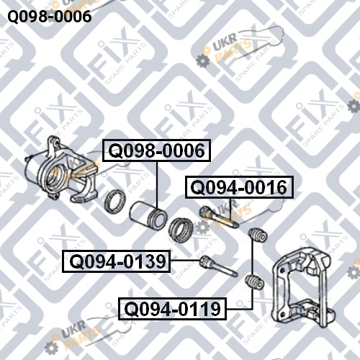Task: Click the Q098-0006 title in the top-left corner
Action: coord(50,17)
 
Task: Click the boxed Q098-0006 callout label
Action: coord(156,150)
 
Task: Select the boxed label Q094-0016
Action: coord(239,187)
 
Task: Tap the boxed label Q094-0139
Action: coord(116,261)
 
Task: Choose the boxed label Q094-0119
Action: coord(173,309)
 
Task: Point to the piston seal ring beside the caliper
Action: coord(115,201)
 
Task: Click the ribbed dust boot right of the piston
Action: coord(180,230)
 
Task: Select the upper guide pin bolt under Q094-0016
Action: coord(219,217)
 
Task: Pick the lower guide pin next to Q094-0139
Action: coord(218,266)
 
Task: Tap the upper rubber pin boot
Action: coord(258,235)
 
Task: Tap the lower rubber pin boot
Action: coord(255,282)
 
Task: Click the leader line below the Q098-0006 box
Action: coord(157,185)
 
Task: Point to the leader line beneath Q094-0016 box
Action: coord(230,209)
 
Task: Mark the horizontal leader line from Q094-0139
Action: coord(185,261)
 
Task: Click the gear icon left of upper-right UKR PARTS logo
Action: coord(203,60)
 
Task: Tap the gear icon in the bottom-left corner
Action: coord(51,348)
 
